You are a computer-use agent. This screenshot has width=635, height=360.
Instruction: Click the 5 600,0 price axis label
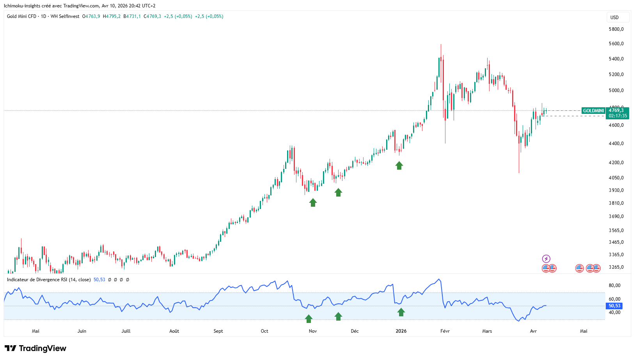tap(616, 44)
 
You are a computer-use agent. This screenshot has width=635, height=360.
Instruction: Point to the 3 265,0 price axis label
tap(616, 267)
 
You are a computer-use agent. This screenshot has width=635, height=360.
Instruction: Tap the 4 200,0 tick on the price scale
tap(616, 163)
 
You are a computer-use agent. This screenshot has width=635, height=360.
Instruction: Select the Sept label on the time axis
tap(218, 331)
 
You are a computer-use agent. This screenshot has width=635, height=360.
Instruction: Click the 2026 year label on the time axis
tap(401, 331)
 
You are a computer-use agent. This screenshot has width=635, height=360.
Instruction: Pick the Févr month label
tap(445, 331)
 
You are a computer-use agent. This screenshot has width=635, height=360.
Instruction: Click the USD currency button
tap(615, 17)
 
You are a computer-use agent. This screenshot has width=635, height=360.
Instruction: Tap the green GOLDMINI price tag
tap(593, 111)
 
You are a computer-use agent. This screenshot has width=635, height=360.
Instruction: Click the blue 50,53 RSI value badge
tap(614, 306)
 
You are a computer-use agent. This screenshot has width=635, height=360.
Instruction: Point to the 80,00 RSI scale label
tap(614, 286)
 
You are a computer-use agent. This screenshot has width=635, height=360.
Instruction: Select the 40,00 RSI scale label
tap(614, 312)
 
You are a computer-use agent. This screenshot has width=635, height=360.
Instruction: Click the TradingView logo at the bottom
tap(35, 348)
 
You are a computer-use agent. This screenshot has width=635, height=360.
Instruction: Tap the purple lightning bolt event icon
tap(546, 259)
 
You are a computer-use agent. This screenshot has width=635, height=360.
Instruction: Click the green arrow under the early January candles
tap(399, 166)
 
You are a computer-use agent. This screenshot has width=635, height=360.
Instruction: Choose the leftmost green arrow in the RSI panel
tap(309, 319)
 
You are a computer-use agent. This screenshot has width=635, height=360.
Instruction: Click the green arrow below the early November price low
tap(313, 202)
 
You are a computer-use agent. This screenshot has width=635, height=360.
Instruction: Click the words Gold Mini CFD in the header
tap(21, 16)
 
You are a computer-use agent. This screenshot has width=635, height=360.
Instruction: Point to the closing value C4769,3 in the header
tap(153, 16)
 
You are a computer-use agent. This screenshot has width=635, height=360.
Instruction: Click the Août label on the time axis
tap(174, 331)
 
